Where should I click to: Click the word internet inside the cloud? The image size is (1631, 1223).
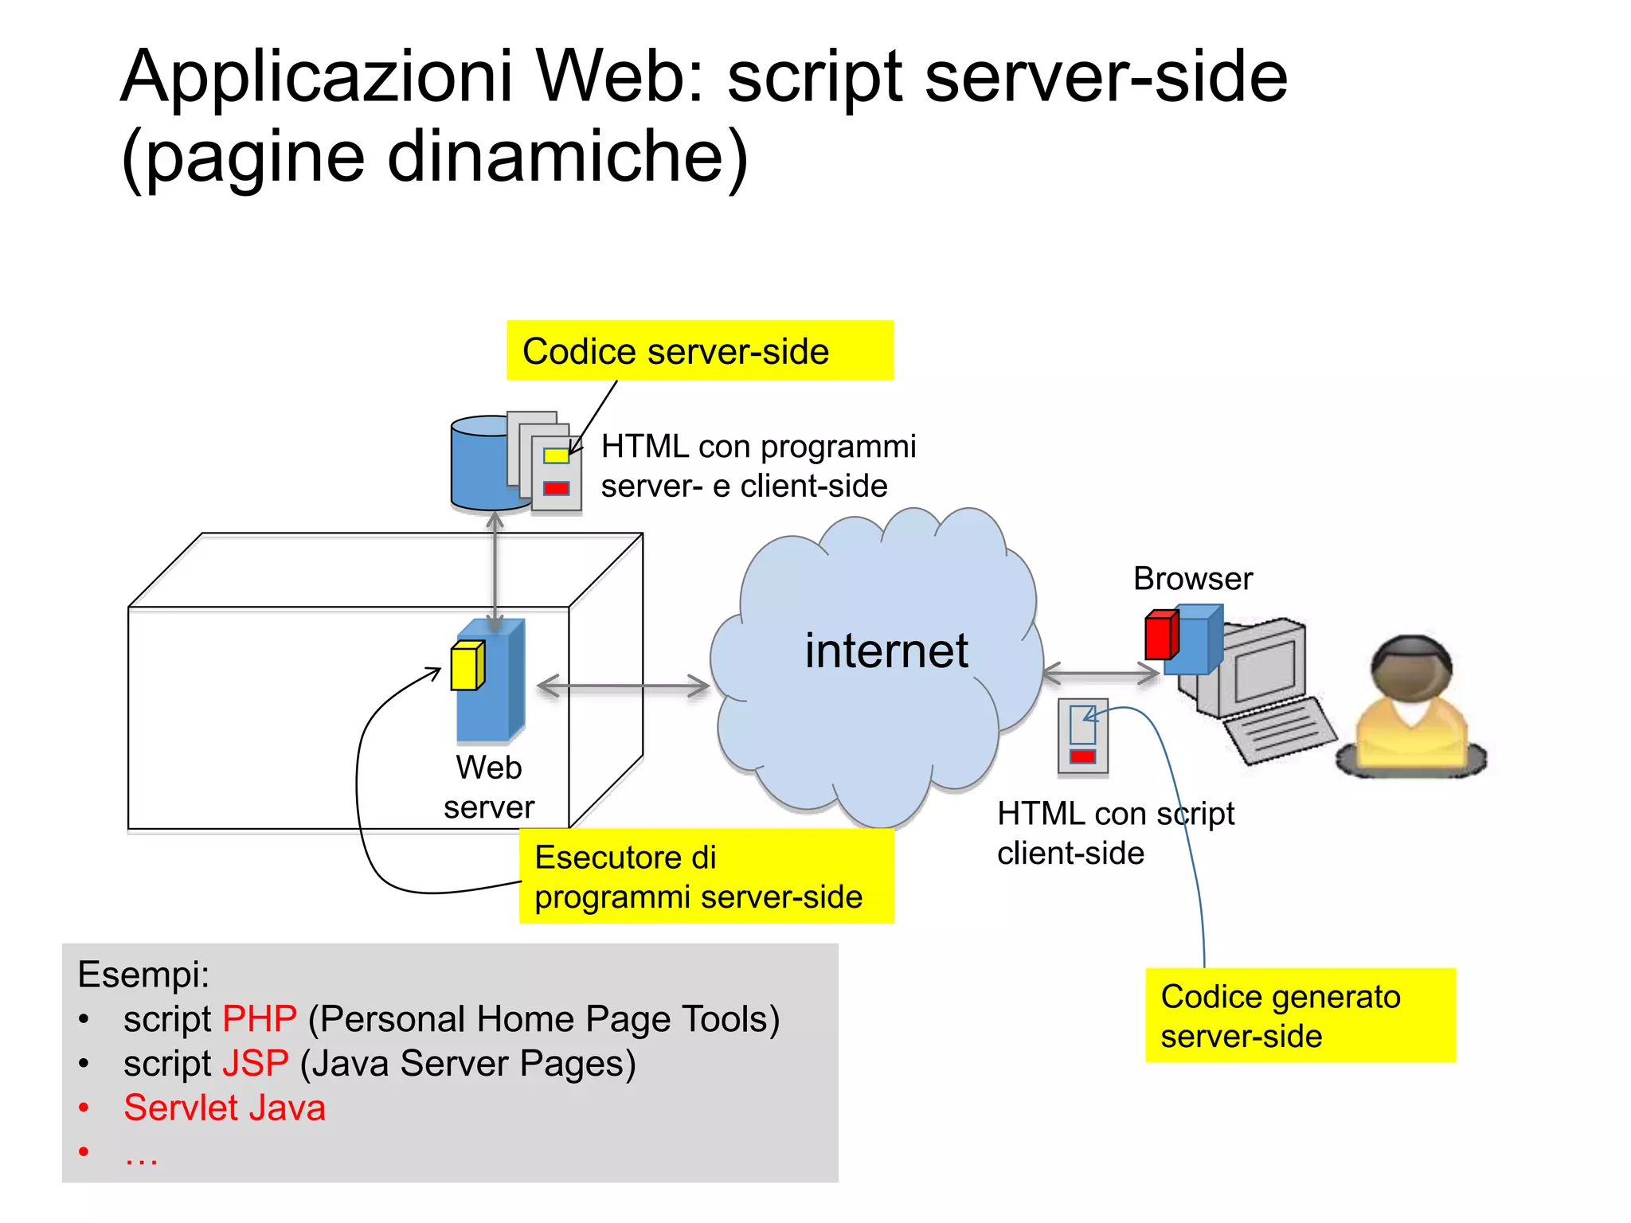pyautogui.click(x=886, y=651)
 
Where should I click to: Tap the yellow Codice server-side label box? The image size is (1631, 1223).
pyautogui.click(x=699, y=350)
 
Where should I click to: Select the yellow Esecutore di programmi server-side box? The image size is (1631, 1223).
pyautogui.click(x=706, y=876)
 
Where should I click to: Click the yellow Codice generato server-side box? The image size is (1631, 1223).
pyautogui.click(x=1300, y=1015)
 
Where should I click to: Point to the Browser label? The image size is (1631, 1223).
pyautogui.click(x=1192, y=579)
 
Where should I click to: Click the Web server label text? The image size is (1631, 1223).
pyautogui.click(x=488, y=787)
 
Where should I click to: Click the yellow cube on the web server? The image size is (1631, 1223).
pyautogui.click(x=467, y=665)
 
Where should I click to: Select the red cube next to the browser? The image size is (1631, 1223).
pyautogui.click(x=1160, y=635)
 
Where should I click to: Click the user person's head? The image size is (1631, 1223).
pyautogui.click(x=1411, y=667)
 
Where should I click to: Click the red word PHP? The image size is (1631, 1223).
pyautogui.click(x=260, y=1019)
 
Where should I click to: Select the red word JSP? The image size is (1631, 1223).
pyautogui.click(x=255, y=1064)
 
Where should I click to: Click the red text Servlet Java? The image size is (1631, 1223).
pyautogui.click(x=225, y=1108)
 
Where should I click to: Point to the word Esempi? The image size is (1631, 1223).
pyautogui.click(x=143, y=975)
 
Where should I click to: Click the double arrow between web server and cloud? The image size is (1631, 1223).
pyautogui.click(x=624, y=686)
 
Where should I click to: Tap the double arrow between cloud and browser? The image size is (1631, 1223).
pyautogui.click(x=1100, y=674)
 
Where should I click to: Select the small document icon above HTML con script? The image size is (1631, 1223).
pyautogui.click(x=1082, y=736)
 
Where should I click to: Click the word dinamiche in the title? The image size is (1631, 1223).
pyautogui.click(x=566, y=157)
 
